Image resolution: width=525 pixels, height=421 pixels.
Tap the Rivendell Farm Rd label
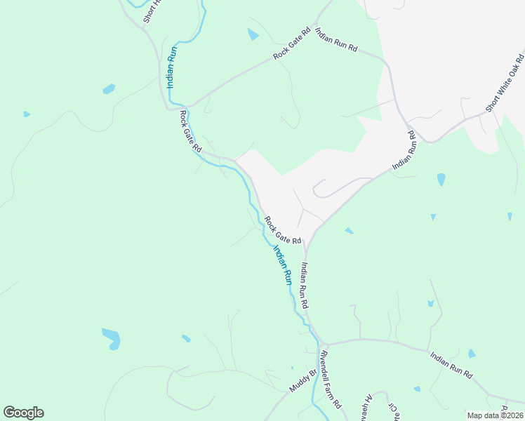click(330, 380)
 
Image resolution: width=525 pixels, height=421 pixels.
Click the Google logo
click(23, 413)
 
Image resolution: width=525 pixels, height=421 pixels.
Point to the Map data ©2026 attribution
click(494, 415)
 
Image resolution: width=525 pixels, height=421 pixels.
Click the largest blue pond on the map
click(112, 338)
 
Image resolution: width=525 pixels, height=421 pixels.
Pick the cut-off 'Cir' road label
click(395, 411)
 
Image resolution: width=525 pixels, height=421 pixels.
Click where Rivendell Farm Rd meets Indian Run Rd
click(320, 344)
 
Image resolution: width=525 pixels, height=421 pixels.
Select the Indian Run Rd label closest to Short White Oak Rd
click(404, 149)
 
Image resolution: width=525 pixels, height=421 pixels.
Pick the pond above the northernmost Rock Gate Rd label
click(253, 34)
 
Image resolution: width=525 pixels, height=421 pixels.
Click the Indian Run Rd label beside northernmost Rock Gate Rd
click(336, 40)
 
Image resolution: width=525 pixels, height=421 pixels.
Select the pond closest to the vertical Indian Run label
click(109, 89)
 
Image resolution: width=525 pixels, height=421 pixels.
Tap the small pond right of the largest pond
click(186, 338)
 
